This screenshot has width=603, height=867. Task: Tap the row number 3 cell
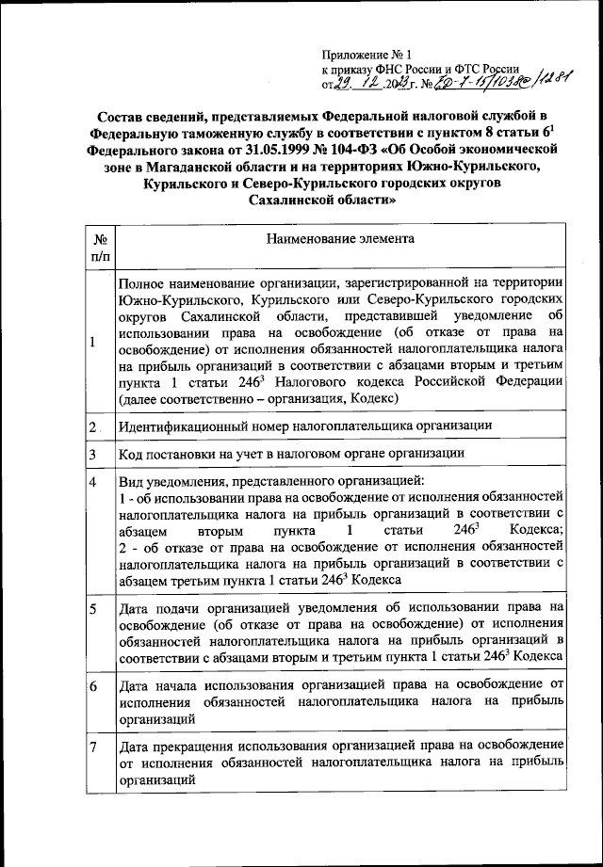click(x=93, y=455)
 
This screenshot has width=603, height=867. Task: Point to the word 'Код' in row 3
click(x=131, y=454)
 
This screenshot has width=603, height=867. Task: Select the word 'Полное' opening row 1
click(x=144, y=282)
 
